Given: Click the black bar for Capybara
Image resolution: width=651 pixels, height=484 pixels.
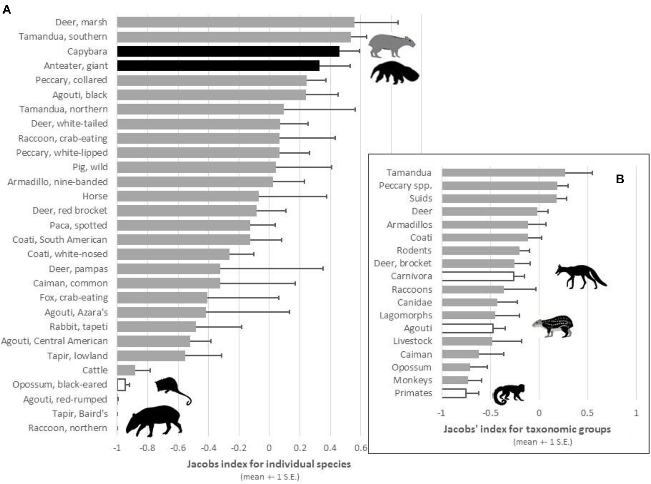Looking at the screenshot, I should coord(228,51).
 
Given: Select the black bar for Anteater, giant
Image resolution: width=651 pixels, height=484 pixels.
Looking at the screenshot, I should coord(218,66).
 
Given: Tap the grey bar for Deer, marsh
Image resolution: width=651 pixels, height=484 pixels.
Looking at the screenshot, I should coord(235,22).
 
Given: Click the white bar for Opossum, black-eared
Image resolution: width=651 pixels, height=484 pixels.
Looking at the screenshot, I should coord(121,384).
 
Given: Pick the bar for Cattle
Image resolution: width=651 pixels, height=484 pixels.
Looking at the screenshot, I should coord(126,370).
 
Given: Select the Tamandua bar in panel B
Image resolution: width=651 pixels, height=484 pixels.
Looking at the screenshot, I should coord(503,173).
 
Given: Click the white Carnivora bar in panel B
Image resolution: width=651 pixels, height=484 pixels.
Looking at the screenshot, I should coord(478,277).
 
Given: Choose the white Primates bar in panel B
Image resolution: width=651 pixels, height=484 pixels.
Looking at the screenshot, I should coord(454,393).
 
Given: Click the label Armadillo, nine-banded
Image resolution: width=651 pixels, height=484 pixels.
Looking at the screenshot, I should coord(58,182).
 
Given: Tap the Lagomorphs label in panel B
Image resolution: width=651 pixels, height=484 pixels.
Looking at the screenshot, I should coord(406,315).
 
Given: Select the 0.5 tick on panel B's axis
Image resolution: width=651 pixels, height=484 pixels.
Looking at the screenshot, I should coord(587,413).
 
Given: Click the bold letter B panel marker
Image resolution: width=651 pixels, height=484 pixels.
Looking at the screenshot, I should coord(620,179).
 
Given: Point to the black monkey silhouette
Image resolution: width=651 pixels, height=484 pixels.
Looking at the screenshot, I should coord(508,394).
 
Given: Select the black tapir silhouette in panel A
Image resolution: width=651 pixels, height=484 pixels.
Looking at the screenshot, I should coord(154,420).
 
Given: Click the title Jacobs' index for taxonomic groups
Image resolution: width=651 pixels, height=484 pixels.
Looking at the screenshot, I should coord(527,429).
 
